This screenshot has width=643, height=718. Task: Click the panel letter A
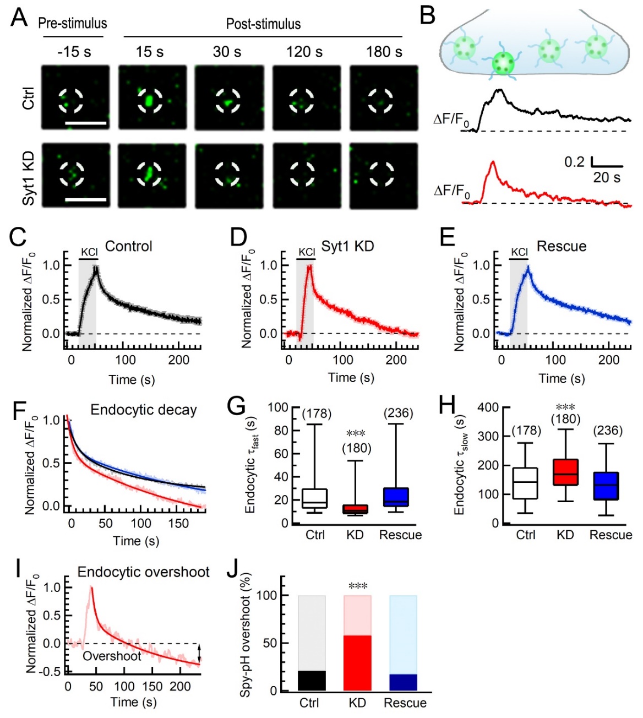click(19, 17)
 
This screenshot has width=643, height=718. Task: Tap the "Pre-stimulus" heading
click(72, 24)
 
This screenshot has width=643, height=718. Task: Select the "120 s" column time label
click(304, 52)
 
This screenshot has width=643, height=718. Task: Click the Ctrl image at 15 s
click(152, 97)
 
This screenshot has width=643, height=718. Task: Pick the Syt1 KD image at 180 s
click(384, 176)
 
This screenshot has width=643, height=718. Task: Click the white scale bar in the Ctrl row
click(86, 123)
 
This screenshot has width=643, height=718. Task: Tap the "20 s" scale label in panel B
click(607, 177)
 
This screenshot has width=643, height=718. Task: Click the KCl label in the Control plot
click(89, 252)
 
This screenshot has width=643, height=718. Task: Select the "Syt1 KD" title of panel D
click(347, 246)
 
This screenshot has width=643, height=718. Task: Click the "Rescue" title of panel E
click(561, 246)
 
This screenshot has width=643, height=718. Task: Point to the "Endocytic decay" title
click(143, 410)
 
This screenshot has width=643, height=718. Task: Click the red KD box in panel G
click(355, 509)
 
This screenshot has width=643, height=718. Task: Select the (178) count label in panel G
click(317, 414)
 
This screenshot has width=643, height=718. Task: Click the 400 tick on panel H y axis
click(488, 407)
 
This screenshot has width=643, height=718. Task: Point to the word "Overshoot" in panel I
click(112, 656)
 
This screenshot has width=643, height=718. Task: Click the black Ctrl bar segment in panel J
click(312, 681)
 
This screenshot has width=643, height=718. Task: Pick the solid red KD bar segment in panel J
click(357, 663)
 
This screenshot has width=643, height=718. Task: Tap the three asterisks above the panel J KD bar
click(358, 586)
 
